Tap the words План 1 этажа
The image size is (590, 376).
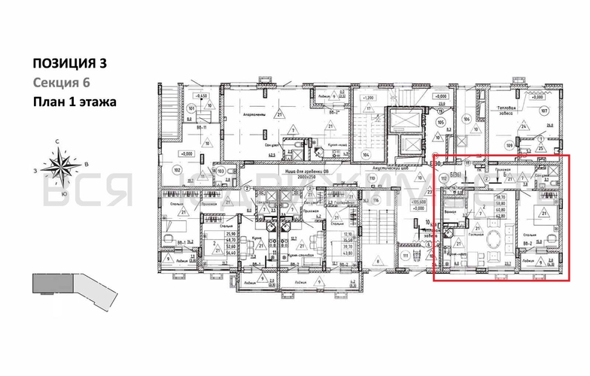tap(74, 102)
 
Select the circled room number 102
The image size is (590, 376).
tap(177, 170)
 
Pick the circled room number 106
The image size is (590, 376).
tap(467, 119)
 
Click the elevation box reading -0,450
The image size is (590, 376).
tap(200, 98)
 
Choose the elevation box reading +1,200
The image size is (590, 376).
tap(367, 98)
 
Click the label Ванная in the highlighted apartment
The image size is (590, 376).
tap(451, 213)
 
